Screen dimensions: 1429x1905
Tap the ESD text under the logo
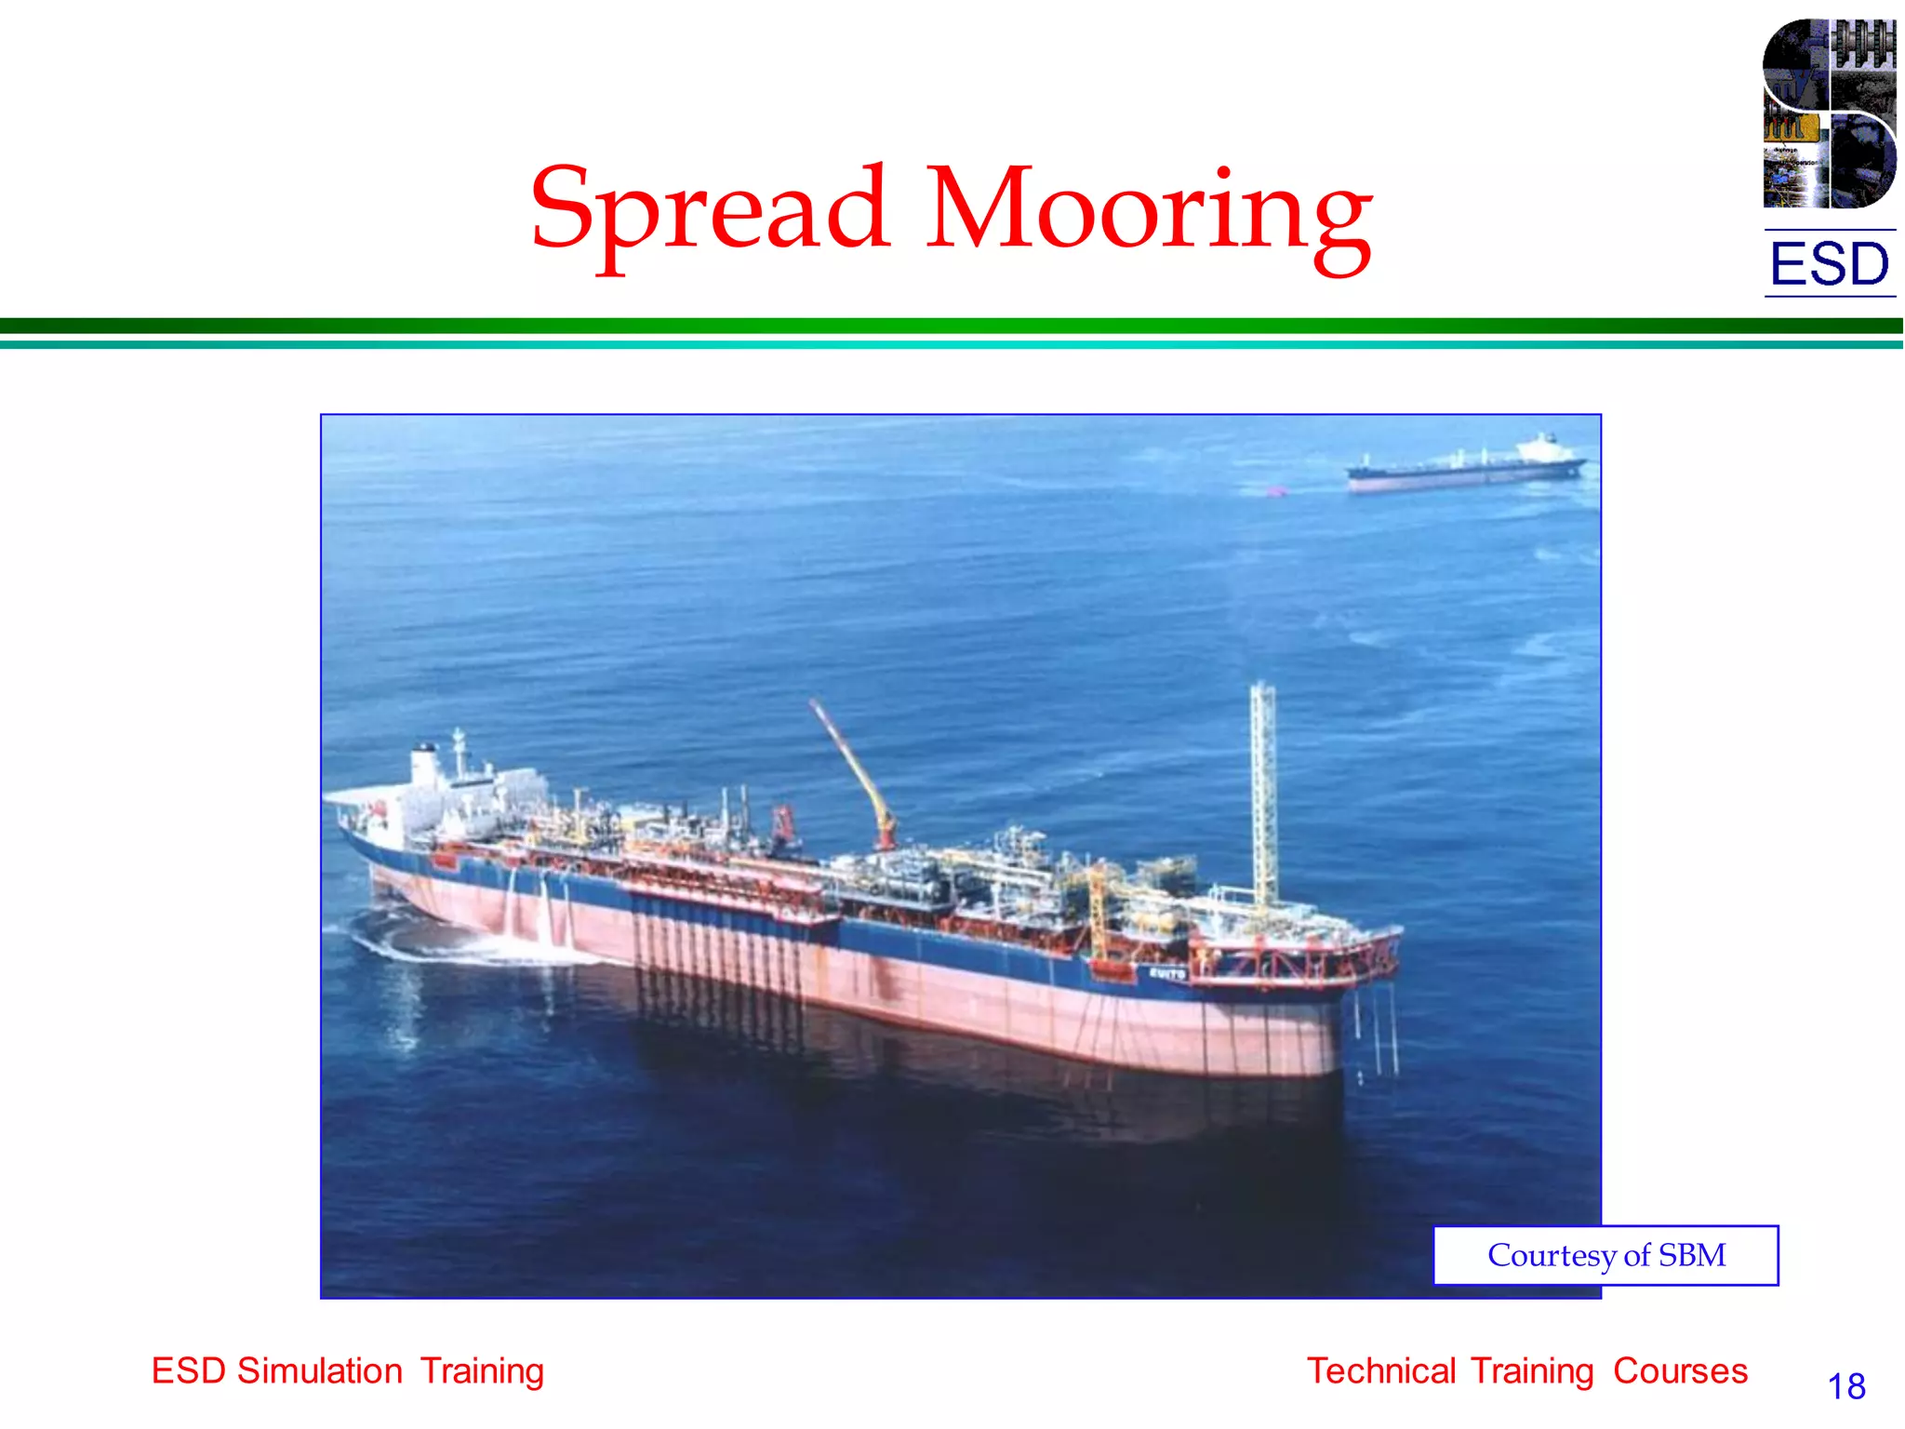(x=1829, y=264)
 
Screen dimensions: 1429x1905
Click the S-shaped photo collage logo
(x=1829, y=114)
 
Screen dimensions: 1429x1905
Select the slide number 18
(x=1846, y=1386)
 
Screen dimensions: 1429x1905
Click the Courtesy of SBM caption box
(x=1605, y=1255)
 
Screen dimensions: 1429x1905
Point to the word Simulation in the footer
(x=319, y=1371)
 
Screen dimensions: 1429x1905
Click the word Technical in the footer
(x=1382, y=1371)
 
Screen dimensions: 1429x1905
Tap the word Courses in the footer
(x=1680, y=1371)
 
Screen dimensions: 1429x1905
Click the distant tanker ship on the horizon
(x=1465, y=465)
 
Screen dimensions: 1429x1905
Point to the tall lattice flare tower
(x=1262, y=791)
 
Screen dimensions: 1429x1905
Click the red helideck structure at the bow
(x=1293, y=958)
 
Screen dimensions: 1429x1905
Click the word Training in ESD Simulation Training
(x=482, y=1371)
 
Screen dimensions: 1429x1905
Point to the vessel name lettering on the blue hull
(x=1166, y=973)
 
